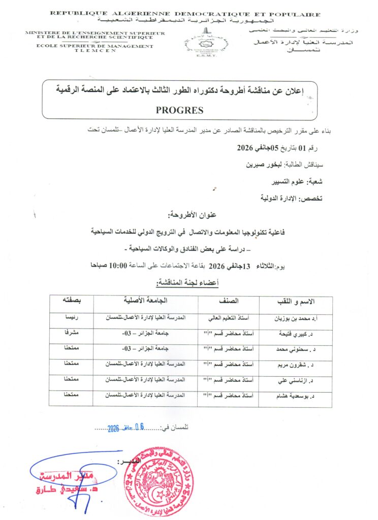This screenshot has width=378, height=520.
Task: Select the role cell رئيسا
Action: tap(71, 318)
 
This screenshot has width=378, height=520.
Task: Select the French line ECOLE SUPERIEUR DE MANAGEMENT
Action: tap(89, 46)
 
